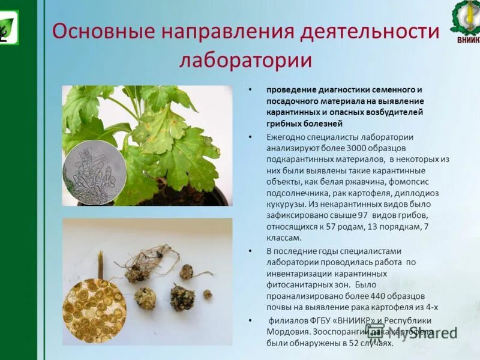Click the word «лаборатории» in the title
pyautogui.click(x=246, y=61)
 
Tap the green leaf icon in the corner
pyautogui.click(x=7, y=27)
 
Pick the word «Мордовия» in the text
pyautogui.click(x=289, y=331)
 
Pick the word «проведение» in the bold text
pyautogui.click(x=289, y=89)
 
